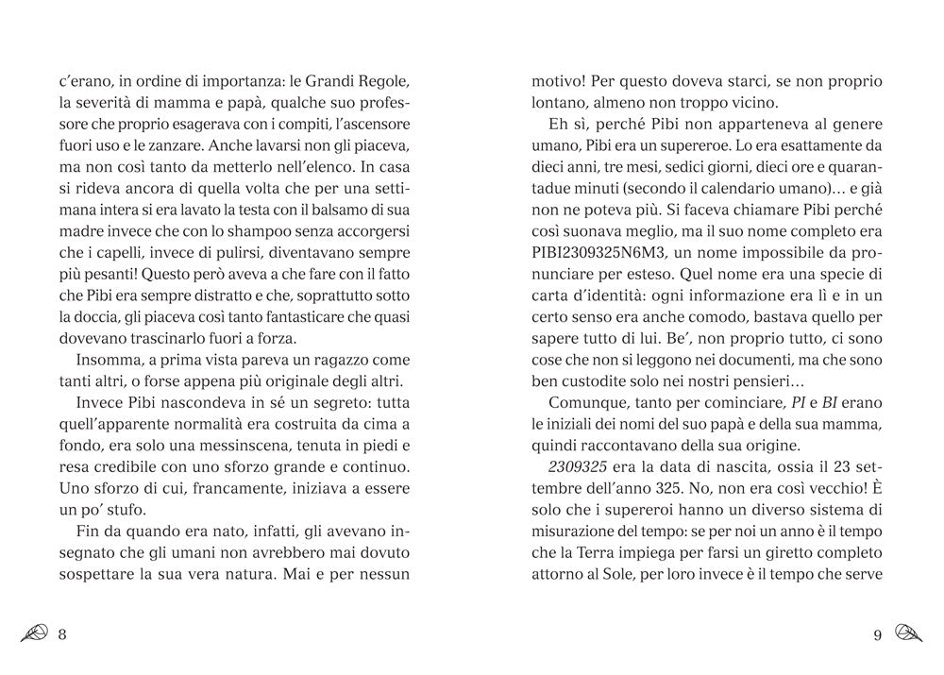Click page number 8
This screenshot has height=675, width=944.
pos(62,634)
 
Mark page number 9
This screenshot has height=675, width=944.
pos(877,634)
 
